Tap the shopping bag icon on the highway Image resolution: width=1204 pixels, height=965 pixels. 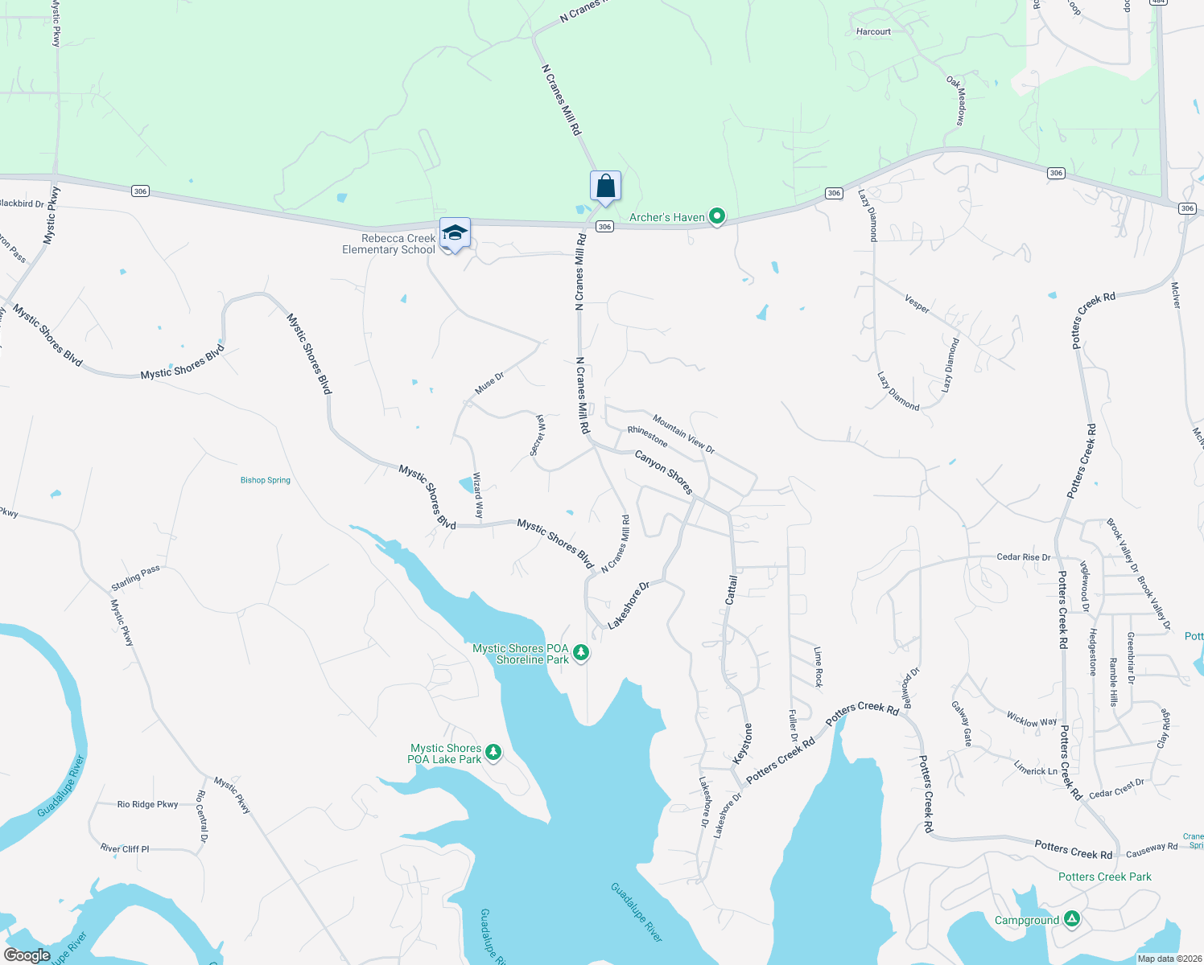click(x=605, y=187)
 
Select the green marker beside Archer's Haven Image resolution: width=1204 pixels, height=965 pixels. click(x=716, y=216)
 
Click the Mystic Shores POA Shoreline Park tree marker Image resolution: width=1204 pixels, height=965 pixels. click(x=580, y=652)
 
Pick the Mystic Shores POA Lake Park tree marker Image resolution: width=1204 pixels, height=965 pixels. click(x=493, y=753)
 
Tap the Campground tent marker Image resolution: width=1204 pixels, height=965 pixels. click(x=1071, y=918)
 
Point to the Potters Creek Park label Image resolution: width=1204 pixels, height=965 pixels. click(x=1104, y=877)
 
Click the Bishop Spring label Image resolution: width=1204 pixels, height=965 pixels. click(x=266, y=480)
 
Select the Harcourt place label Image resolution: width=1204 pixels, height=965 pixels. click(x=873, y=32)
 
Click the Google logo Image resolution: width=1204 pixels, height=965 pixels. click(x=27, y=955)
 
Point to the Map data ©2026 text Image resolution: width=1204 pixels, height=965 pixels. click(x=1169, y=959)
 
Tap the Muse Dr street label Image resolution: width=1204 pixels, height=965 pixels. click(x=489, y=383)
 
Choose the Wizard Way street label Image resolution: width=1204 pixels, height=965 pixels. click(x=478, y=495)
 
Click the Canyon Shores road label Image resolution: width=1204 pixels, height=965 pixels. click(x=664, y=472)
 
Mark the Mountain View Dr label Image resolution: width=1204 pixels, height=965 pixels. click(x=683, y=433)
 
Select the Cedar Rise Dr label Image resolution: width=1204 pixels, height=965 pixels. click(x=1023, y=556)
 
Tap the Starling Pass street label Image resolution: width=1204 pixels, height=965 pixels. click(x=136, y=578)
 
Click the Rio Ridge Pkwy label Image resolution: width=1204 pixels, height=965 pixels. click(x=147, y=804)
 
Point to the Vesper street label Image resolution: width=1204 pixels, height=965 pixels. click(x=917, y=303)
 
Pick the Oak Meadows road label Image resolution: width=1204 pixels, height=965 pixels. click(x=956, y=101)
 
